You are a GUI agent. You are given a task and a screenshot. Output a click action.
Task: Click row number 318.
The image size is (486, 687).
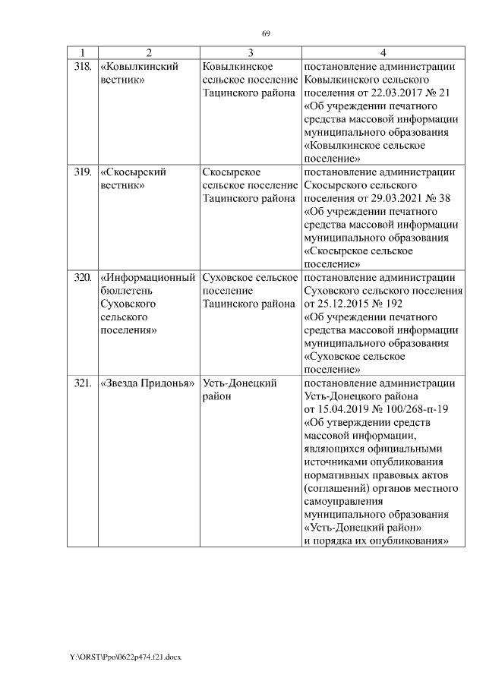[x=82, y=67]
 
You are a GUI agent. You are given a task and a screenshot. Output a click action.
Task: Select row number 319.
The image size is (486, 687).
[x=82, y=172]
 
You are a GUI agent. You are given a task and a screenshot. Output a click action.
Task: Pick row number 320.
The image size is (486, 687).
[x=82, y=277]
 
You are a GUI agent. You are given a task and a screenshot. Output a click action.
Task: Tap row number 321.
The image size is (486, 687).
[x=82, y=383]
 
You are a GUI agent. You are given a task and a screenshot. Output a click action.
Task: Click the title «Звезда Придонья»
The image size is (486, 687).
[x=148, y=383]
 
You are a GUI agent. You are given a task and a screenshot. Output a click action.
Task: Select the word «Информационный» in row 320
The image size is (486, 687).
[x=148, y=277]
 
